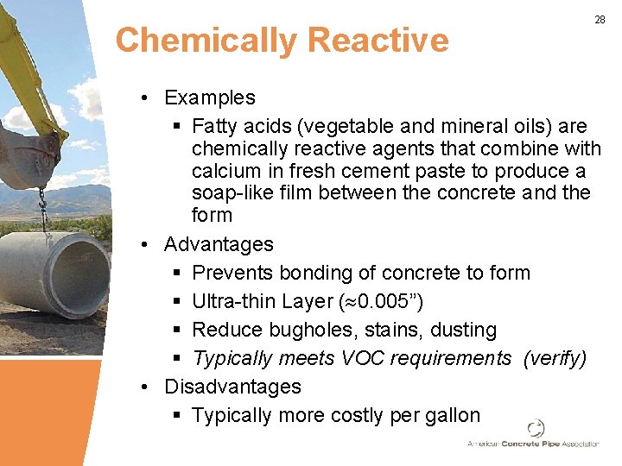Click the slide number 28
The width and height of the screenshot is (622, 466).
(x=600, y=19)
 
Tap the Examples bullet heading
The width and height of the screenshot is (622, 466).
(x=210, y=98)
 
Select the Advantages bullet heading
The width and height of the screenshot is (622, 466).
(x=219, y=244)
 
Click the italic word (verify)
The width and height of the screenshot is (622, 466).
(x=555, y=358)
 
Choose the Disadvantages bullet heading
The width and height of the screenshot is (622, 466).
(x=232, y=387)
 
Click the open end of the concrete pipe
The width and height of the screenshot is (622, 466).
(x=79, y=274)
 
